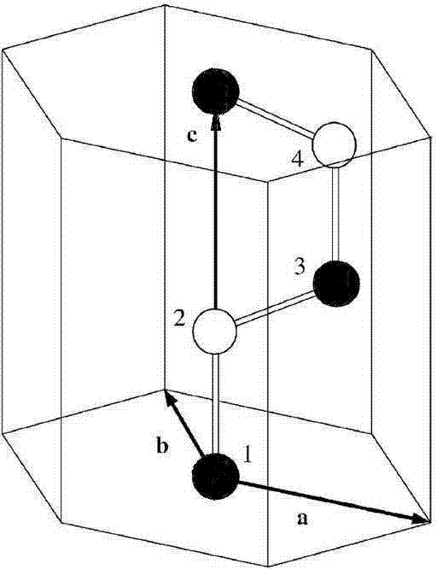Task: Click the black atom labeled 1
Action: [215, 476]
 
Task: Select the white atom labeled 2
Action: [215, 331]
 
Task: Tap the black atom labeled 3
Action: [336, 284]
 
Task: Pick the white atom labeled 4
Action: [335, 145]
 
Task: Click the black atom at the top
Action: [215, 91]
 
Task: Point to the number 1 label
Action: [248, 455]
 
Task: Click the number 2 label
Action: [180, 320]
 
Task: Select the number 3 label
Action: [299, 267]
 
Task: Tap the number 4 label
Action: [298, 159]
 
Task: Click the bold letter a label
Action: [302, 519]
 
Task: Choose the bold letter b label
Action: [162, 445]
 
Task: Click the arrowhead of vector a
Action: [422, 519]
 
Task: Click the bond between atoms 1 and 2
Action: [215, 403]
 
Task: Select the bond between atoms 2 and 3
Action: [276, 307]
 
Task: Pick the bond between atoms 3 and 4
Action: [336, 214]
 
